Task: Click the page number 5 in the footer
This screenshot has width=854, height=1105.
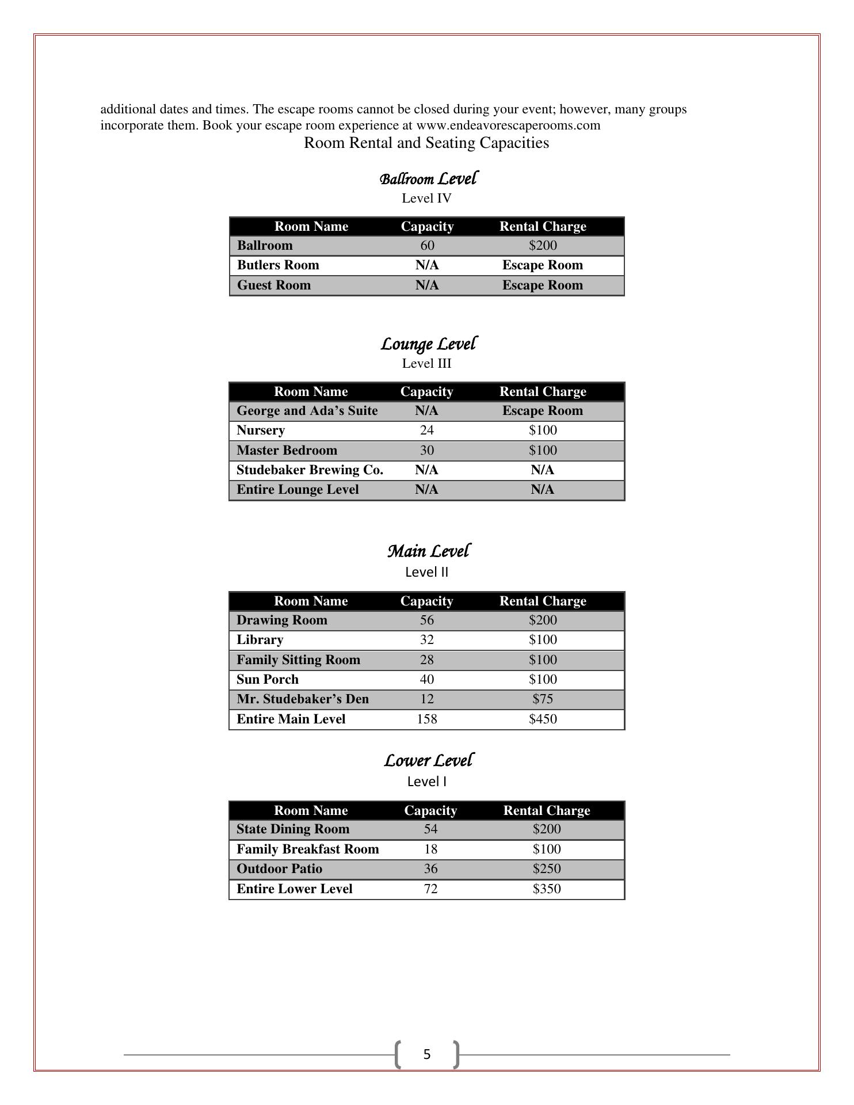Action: pyautogui.click(x=426, y=1054)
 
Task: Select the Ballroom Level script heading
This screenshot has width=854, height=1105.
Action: pyautogui.click(x=428, y=179)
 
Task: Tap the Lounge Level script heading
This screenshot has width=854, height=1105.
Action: pyautogui.click(x=428, y=344)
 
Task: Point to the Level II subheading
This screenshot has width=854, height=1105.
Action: pyautogui.click(x=426, y=572)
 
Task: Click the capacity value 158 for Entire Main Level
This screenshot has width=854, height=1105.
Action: pyautogui.click(x=426, y=719)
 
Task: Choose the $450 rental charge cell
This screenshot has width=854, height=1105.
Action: pyautogui.click(x=543, y=719)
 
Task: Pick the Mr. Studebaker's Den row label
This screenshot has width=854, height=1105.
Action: pyautogui.click(x=302, y=699)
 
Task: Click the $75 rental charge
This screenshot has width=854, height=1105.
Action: pyautogui.click(x=543, y=699)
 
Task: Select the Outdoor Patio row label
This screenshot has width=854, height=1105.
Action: pyautogui.click(x=279, y=869)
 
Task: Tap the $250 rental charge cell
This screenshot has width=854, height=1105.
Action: pyautogui.click(x=546, y=869)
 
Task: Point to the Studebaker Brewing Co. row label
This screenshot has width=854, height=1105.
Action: pyautogui.click(x=310, y=470)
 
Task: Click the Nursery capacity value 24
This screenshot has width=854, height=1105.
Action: pyautogui.click(x=426, y=430)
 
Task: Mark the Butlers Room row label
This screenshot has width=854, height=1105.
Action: pyautogui.click(x=278, y=265)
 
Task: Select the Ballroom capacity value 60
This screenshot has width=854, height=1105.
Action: pyautogui.click(x=427, y=246)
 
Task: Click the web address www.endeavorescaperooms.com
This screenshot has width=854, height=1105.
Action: pyautogui.click(x=508, y=125)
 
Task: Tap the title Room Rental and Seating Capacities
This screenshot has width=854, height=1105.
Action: pyautogui.click(x=426, y=143)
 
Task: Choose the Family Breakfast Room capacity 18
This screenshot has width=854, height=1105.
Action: pyautogui.click(x=430, y=849)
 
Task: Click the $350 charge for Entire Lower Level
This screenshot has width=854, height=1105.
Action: pyautogui.click(x=546, y=889)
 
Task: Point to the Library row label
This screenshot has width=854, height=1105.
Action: pyautogui.click(x=260, y=640)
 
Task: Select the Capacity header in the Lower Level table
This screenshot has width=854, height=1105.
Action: pyautogui.click(x=430, y=810)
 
